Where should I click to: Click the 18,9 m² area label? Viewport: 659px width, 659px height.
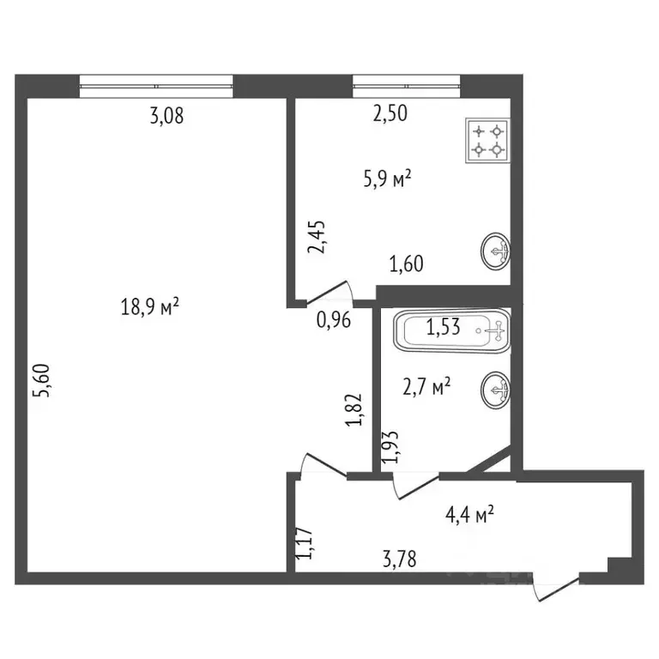(149, 306)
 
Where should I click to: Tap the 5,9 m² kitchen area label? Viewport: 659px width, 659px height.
(386, 179)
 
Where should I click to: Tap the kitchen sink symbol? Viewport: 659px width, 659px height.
(496, 251)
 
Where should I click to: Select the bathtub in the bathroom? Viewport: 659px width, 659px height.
(452, 331)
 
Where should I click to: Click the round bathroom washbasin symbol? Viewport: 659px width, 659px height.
(496, 390)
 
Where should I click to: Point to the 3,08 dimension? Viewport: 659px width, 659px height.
(166, 118)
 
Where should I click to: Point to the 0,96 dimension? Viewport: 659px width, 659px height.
(333, 321)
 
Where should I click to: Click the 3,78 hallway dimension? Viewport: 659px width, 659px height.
(401, 562)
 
